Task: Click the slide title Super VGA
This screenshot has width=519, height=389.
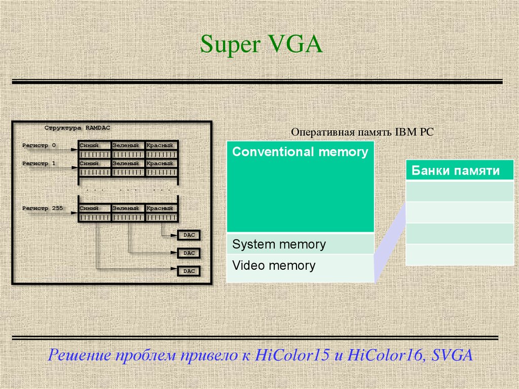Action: pyautogui.click(x=261, y=45)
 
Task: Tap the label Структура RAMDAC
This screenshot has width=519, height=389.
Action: pyautogui.click(x=77, y=128)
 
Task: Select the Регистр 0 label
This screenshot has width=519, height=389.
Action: pyautogui.click(x=40, y=146)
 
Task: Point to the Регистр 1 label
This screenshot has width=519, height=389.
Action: pyautogui.click(x=40, y=164)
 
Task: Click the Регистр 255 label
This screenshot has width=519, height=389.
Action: pyautogui.click(x=43, y=208)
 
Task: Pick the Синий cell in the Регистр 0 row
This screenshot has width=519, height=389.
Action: pyautogui.click(x=94, y=146)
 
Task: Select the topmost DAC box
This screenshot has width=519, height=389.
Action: pyautogui.click(x=189, y=235)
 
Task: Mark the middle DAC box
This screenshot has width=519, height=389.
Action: pyautogui.click(x=189, y=253)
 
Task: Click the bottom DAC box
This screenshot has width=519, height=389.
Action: pyautogui.click(x=189, y=271)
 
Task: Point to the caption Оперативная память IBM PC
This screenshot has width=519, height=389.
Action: pyautogui.click(x=362, y=132)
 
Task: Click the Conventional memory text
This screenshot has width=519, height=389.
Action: pyautogui.click(x=300, y=152)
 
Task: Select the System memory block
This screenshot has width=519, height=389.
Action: pyautogui.click(x=300, y=244)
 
